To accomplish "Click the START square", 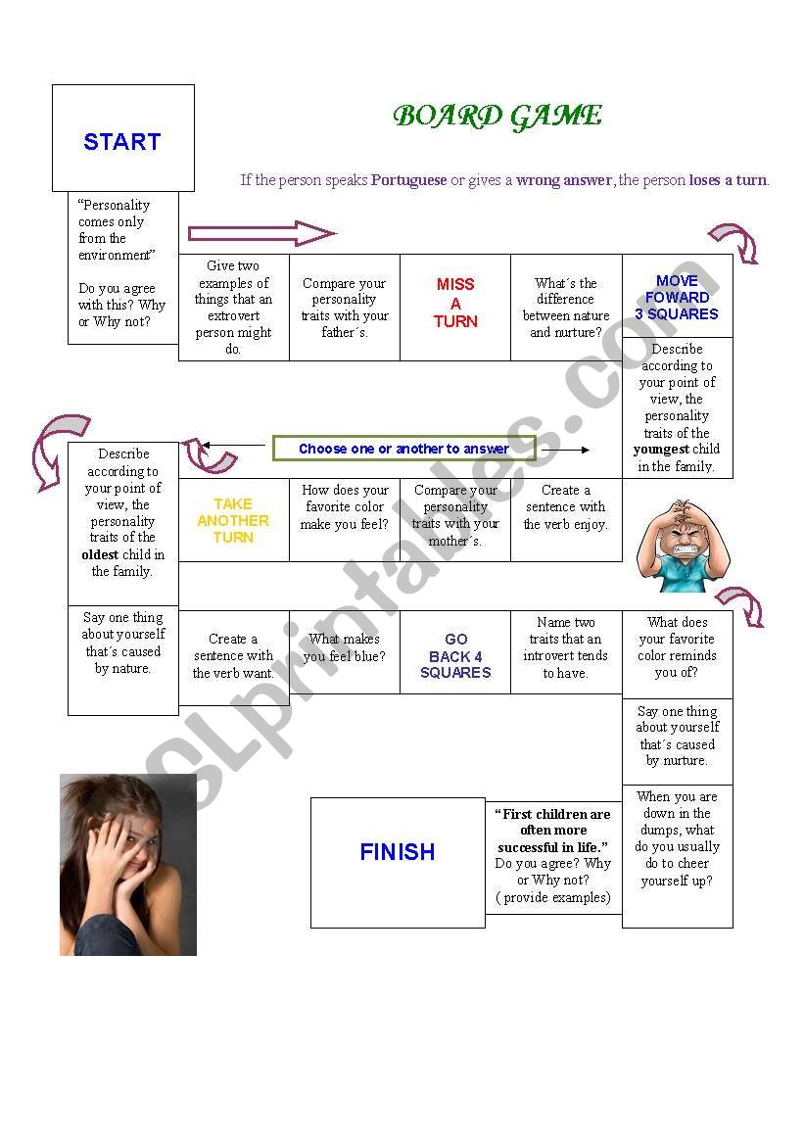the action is (x=122, y=138).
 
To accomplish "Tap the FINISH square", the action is (x=398, y=862).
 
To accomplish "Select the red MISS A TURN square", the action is (x=455, y=308).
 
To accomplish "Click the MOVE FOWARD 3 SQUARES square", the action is (x=678, y=297).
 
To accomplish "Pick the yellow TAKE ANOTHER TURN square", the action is (x=234, y=520).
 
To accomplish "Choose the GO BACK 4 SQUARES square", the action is (x=455, y=652).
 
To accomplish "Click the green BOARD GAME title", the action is (x=497, y=116).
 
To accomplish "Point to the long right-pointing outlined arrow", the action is (x=261, y=234).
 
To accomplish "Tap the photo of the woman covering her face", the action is (x=128, y=865).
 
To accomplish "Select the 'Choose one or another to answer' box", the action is (x=403, y=449).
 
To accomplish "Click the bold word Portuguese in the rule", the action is (x=409, y=179).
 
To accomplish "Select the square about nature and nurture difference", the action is (x=566, y=308).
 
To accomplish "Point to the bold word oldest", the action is (x=100, y=555).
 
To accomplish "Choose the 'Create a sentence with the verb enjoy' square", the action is (x=566, y=520).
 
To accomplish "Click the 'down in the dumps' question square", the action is (x=678, y=856).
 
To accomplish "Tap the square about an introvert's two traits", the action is (x=566, y=652).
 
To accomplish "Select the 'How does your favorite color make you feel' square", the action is (x=345, y=520).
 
